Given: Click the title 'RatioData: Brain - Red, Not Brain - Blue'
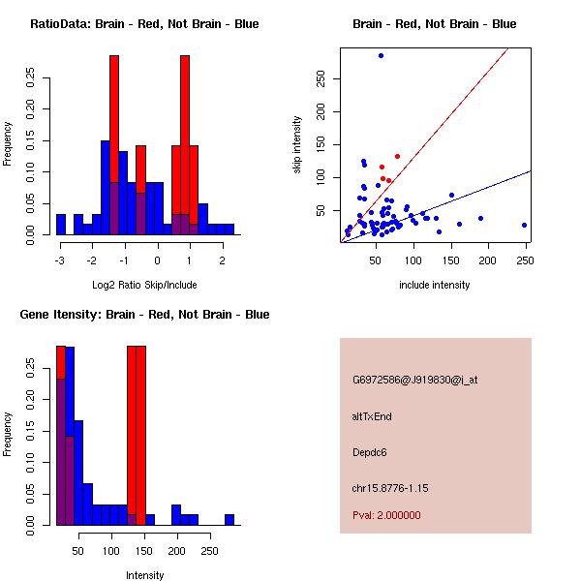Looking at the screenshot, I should [x=144, y=24].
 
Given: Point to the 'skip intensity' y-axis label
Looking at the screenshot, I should [x=297, y=145].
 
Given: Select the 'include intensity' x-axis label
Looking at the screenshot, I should [x=435, y=285].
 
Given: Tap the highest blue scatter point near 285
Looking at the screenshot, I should [x=381, y=55].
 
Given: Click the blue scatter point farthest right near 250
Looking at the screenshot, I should [x=524, y=225].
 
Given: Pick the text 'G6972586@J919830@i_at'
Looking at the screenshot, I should [x=415, y=380].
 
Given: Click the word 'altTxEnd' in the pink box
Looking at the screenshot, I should [x=372, y=416].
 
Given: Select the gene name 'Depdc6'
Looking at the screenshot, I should [x=370, y=452].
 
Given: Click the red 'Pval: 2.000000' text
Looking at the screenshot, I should [x=386, y=515].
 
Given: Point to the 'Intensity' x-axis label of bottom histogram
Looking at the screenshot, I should [x=144, y=575].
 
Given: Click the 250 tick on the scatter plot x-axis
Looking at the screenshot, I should [x=524, y=260].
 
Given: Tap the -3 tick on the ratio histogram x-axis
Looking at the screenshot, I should [x=60, y=260].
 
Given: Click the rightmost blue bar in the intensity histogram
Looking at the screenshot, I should [x=229, y=520].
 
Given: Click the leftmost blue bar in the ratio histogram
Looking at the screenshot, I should [x=60, y=225].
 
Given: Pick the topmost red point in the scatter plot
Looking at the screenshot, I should [x=397, y=156].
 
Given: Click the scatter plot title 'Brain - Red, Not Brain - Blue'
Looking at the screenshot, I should [x=434, y=24].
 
